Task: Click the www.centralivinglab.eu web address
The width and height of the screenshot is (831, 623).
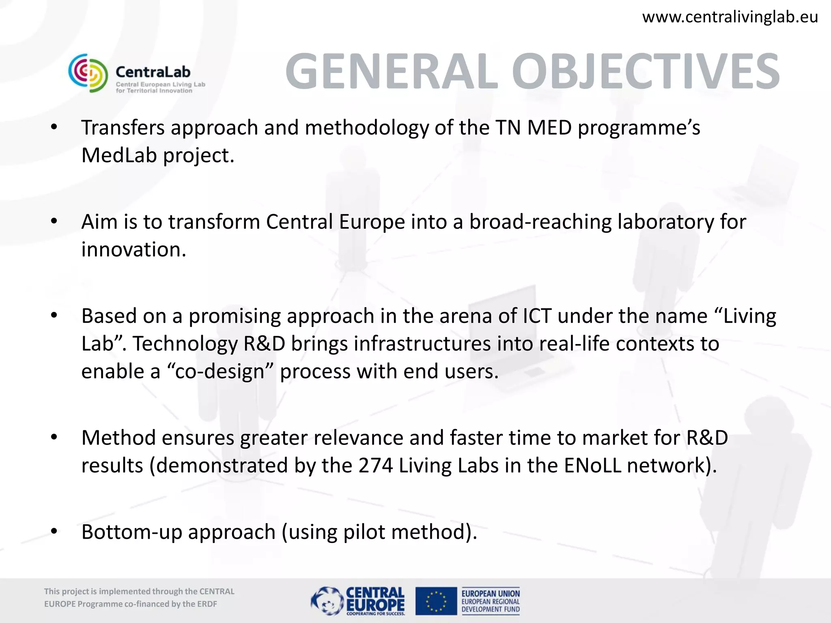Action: pyautogui.click(x=730, y=17)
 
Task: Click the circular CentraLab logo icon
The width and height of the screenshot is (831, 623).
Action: pyautogui.click(x=88, y=73)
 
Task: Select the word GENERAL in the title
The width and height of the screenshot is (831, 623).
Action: pyautogui.click(x=392, y=71)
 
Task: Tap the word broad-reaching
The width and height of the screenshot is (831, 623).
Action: pyautogui.click(x=540, y=222)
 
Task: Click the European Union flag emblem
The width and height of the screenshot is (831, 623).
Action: pyautogui.click(x=436, y=601)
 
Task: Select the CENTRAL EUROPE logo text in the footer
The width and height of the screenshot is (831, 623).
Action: pyautogui.click(x=375, y=600)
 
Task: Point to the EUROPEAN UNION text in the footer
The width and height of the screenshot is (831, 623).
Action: pyautogui.click(x=490, y=593)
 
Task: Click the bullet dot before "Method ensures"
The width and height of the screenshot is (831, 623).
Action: pyautogui.click(x=54, y=438)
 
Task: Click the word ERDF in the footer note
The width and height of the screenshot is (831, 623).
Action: pyautogui.click(x=207, y=604)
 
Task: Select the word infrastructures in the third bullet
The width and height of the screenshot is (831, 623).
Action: pyautogui.click(x=422, y=344)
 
